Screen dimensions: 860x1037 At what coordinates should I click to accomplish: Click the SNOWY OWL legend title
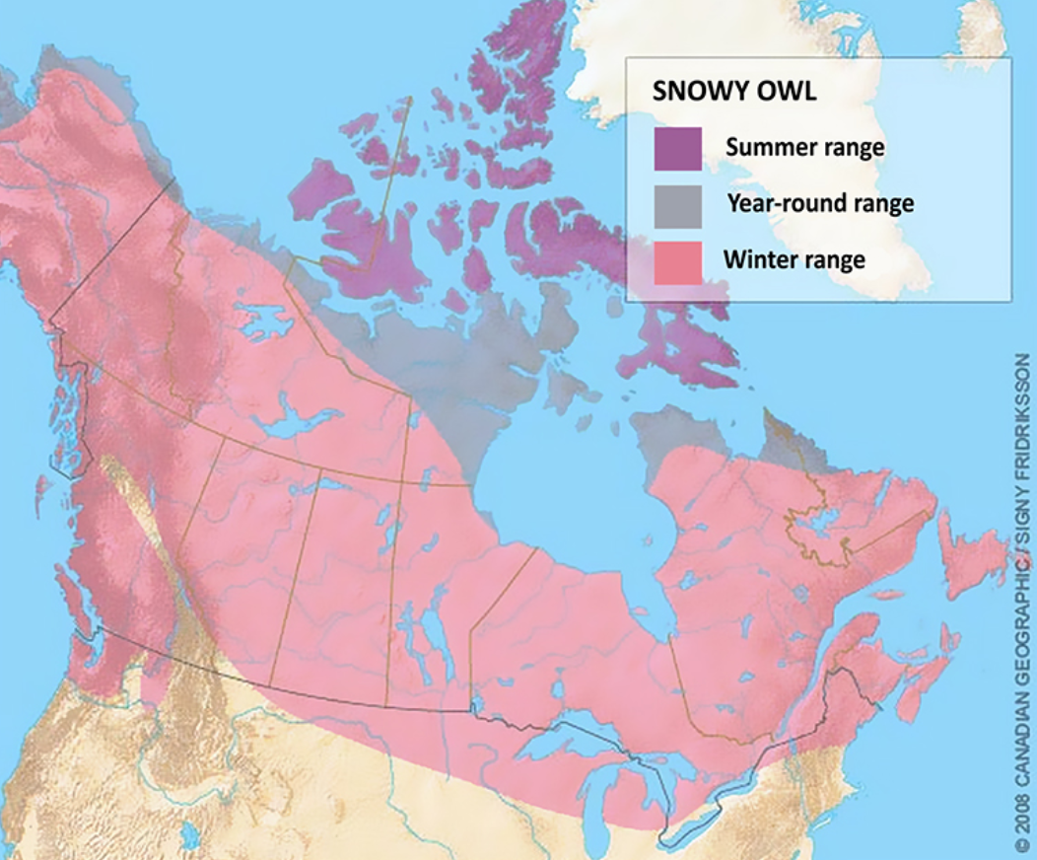tap(734, 92)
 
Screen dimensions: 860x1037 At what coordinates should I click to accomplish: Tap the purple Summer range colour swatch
tap(677, 149)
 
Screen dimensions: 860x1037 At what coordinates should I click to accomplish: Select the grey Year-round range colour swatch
tap(677, 205)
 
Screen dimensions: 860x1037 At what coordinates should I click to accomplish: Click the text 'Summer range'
tap(804, 148)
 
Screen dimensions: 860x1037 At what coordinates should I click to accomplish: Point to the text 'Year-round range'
tap(820, 204)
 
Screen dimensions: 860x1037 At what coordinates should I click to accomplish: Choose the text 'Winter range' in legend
tap(794, 260)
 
